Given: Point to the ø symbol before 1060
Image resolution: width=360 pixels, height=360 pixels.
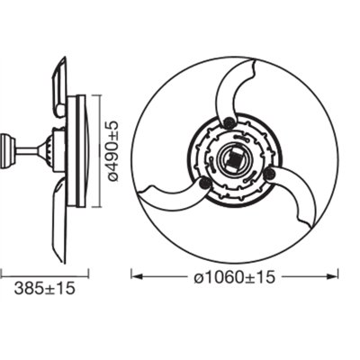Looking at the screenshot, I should [198, 276].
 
